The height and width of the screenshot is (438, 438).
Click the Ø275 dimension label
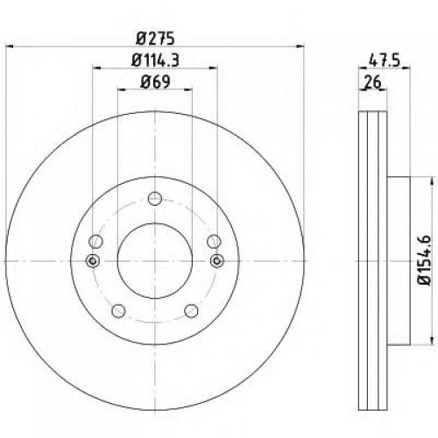(x=155, y=39)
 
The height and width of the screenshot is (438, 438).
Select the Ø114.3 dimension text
(x=155, y=60)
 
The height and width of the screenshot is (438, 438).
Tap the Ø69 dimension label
(x=155, y=82)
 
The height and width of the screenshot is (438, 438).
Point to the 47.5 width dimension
(x=384, y=61)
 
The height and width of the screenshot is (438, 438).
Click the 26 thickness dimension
(x=373, y=82)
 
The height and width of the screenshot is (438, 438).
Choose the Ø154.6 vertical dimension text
(x=425, y=260)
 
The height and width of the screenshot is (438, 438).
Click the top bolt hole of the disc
(x=155, y=199)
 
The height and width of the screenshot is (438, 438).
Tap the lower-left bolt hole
(x=118, y=311)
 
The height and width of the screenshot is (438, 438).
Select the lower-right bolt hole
(x=191, y=311)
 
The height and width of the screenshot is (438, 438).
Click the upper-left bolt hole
(x=95, y=242)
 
